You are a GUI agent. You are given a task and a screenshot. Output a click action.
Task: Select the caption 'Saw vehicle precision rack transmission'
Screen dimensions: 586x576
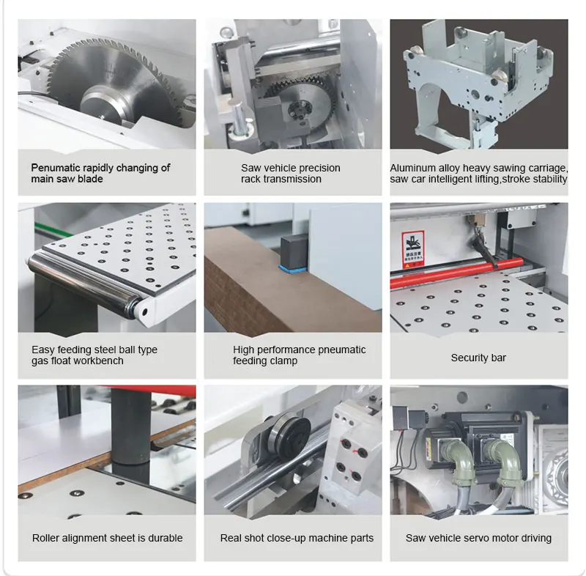(x=291, y=174)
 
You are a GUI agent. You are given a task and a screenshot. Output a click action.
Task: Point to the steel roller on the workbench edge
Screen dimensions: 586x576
(x=84, y=284)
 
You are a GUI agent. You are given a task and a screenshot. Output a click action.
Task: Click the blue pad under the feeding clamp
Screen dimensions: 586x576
(x=293, y=269)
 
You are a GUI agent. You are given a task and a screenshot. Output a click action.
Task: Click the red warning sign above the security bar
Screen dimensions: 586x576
(x=413, y=249)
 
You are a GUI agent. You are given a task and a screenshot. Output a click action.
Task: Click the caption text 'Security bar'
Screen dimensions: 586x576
(x=478, y=358)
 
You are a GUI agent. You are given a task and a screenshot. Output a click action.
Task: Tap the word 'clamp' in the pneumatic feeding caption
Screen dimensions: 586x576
(x=283, y=361)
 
